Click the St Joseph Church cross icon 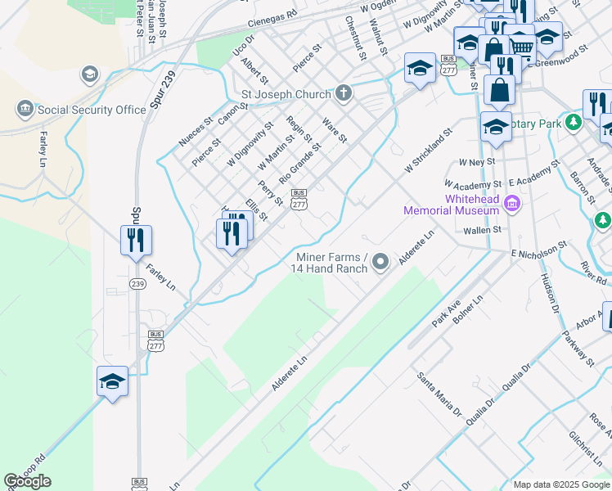[x=344, y=93]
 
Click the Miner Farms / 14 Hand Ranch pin [x=380, y=262]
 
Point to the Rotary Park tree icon [x=574, y=123]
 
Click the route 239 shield [x=137, y=283]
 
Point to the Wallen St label [x=484, y=231]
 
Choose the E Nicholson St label [x=539, y=247]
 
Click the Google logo [x=27, y=481]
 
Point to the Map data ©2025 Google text [x=561, y=484]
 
